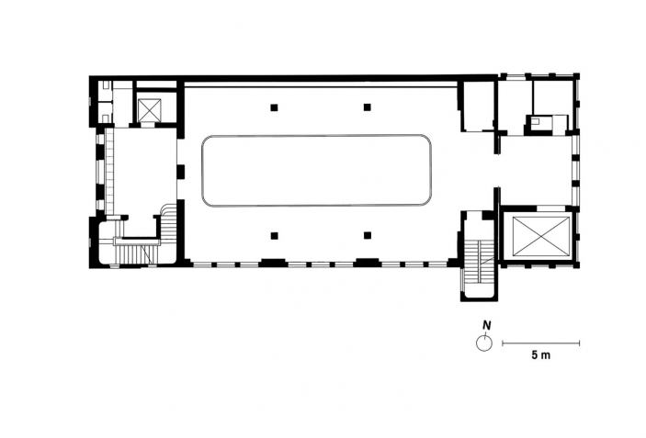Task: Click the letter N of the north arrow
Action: (x=486, y=325)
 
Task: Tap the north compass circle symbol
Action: (x=484, y=343)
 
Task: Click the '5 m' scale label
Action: (x=540, y=355)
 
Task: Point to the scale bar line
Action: (x=540, y=343)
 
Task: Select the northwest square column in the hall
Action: (x=275, y=107)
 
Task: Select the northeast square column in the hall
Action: (x=368, y=107)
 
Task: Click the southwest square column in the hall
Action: (x=275, y=236)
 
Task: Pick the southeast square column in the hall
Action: (x=368, y=235)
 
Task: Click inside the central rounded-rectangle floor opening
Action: (x=316, y=171)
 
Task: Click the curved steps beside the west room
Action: (x=168, y=221)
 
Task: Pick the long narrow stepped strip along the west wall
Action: (x=109, y=171)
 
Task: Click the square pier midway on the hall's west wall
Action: (x=180, y=172)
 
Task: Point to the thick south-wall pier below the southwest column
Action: (x=272, y=263)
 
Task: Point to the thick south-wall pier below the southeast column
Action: (x=368, y=263)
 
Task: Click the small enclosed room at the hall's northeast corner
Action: (x=478, y=107)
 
